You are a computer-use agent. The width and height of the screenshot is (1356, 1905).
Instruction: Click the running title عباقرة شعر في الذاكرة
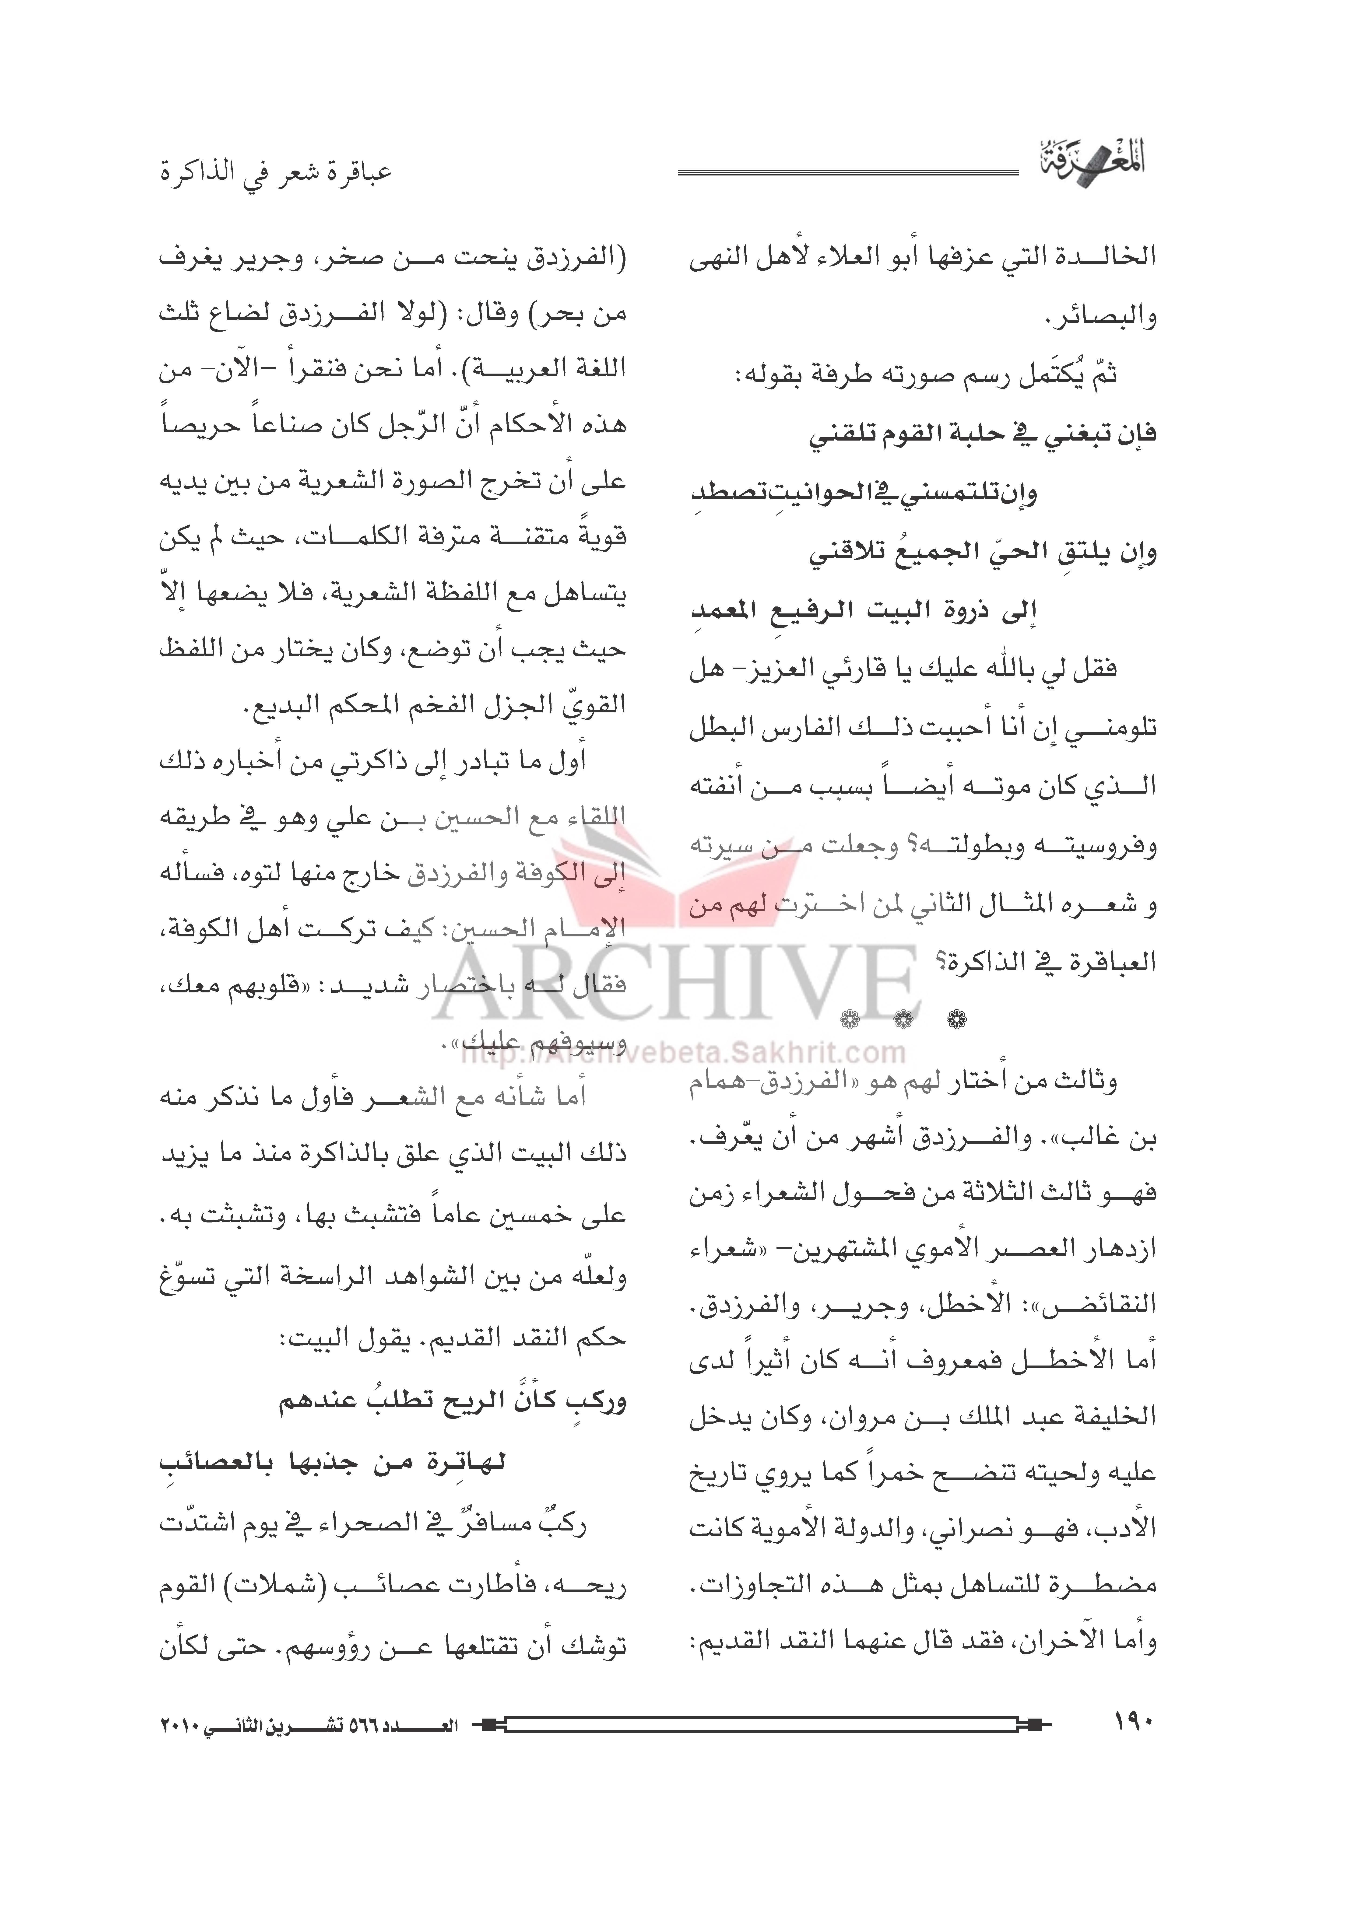(276, 174)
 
